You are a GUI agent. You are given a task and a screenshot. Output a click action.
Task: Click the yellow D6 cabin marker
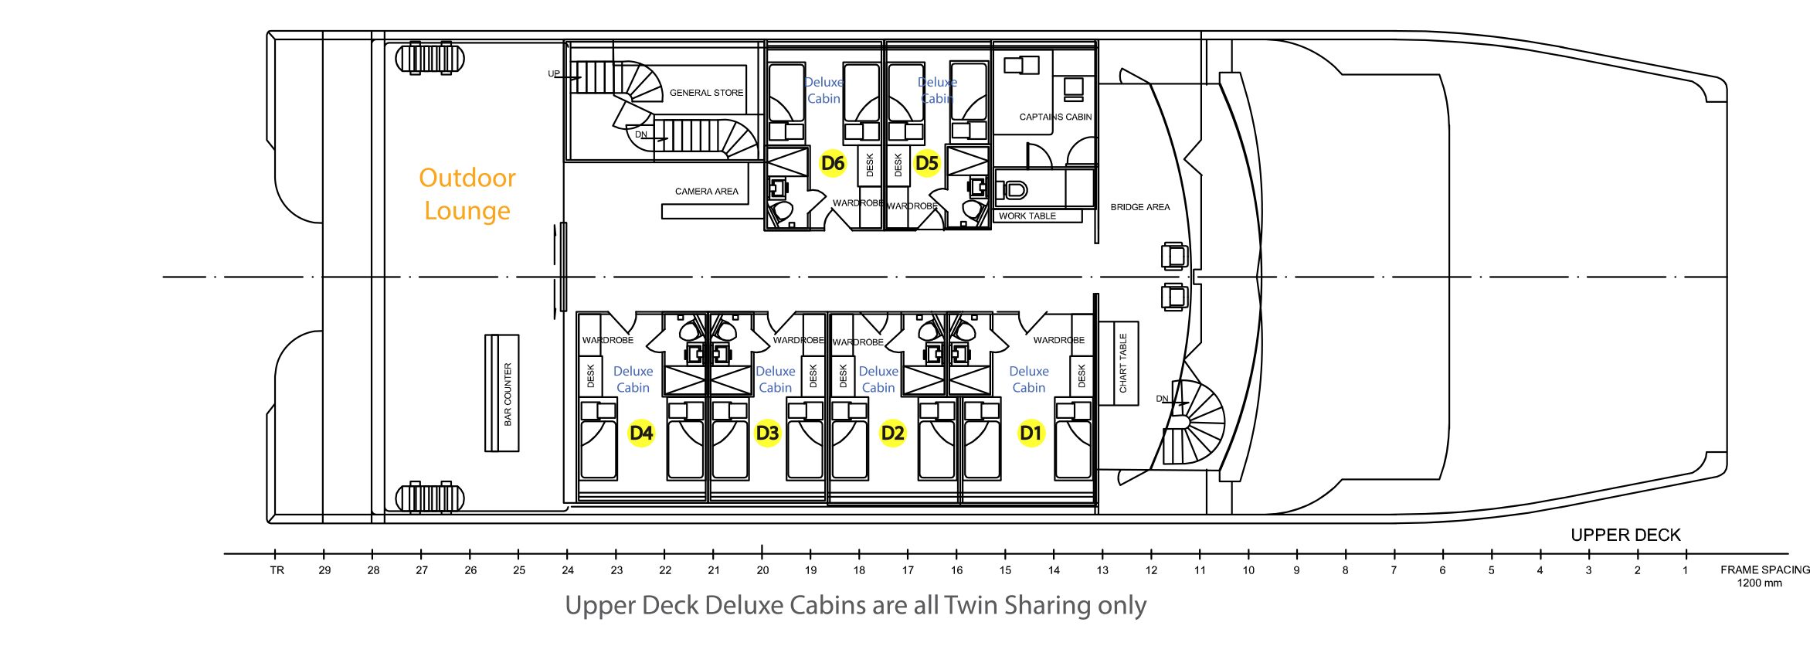pyautogui.click(x=833, y=163)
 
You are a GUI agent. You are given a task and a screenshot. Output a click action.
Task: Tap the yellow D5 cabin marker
pyautogui.click(x=926, y=163)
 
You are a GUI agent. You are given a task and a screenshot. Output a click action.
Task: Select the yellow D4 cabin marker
pyautogui.click(x=641, y=433)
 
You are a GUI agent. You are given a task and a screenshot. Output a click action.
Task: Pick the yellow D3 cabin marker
pyautogui.click(x=767, y=433)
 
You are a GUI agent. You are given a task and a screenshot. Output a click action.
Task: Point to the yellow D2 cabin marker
pyautogui.click(x=892, y=433)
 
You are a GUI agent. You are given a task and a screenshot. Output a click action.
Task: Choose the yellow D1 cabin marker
pyautogui.click(x=1031, y=433)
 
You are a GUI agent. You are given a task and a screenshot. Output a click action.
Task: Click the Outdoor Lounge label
pyautogui.click(x=467, y=194)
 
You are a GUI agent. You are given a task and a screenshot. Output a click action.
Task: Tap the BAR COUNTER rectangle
pyautogui.click(x=502, y=393)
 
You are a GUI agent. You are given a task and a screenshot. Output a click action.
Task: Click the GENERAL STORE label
pyautogui.click(x=706, y=93)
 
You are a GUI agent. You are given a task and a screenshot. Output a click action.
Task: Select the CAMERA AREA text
pyautogui.click(x=706, y=192)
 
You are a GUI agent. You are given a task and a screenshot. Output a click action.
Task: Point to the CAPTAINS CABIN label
pyautogui.click(x=1055, y=117)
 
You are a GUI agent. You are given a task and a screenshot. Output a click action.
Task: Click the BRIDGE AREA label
pyautogui.click(x=1139, y=207)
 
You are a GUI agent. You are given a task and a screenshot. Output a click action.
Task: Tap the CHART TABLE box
pyautogui.click(x=1119, y=362)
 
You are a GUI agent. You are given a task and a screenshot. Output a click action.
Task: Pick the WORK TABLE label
pyautogui.click(x=1027, y=216)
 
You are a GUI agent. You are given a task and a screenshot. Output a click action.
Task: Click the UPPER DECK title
pyautogui.click(x=1625, y=535)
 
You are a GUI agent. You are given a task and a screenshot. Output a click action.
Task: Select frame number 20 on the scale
pyautogui.click(x=762, y=570)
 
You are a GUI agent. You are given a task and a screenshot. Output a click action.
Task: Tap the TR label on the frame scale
pyautogui.click(x=277, y=570)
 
